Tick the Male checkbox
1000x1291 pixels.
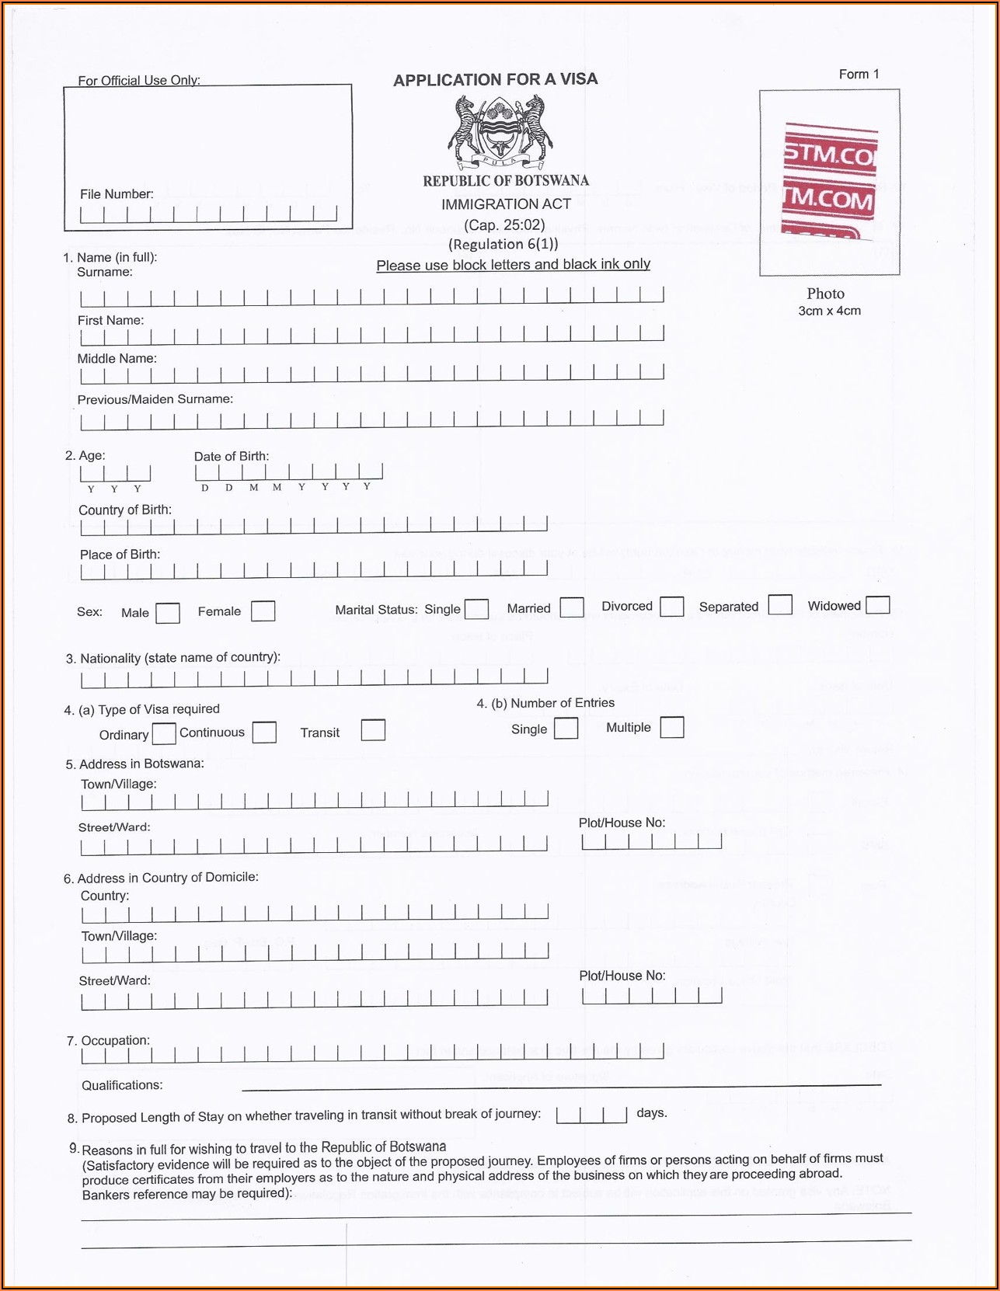pyautogui.click(x=168, y=613)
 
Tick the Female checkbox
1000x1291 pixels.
pyautogui.click(x=263, y=611)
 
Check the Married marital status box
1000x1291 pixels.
pyautogui.click(x=572, y=607)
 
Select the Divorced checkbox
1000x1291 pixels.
pyautogui.click(x=672, y=606)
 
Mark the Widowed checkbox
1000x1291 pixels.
pyautogui.click(x=877, y=604)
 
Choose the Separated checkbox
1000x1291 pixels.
pyautogui.click(x=780, y=604)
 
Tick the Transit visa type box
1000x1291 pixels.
pyautogui.click(x=373, y=730)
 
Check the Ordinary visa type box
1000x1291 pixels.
pyautogui.click(x=164, y=733)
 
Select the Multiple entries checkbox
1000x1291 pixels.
pyautogui.click(x=672, y=727)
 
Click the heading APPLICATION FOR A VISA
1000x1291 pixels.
pyautogui.click(x=496, y=79)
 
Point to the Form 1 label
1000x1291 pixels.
pyautogui.click(x=859, y=75)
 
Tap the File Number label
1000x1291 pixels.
pyautogui.click(x=117, y=194)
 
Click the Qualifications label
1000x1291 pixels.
pyautogui.click(x=122, y=1085)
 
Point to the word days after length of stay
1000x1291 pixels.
pyautogui.click(x=651, y=1112)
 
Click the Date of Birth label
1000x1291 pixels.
pyautogui.click(x=232, y=456)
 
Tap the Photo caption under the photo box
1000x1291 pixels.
pyautogui.click(x=825, y=294)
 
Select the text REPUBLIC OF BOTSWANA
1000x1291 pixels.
pyautogui.click(x=506, y=181)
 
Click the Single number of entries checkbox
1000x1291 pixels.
pyautogui.click(x=566, y=728)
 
